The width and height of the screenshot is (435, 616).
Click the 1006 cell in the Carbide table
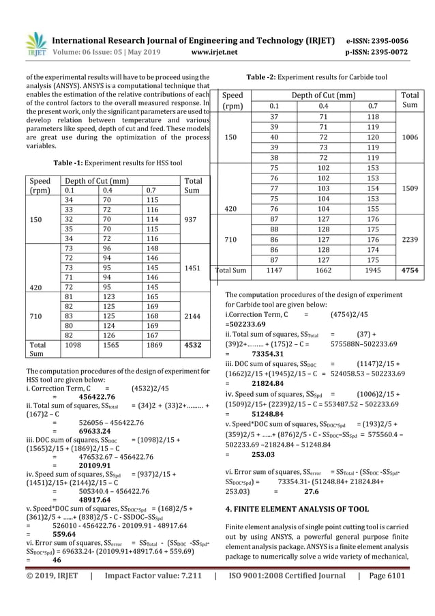[411, 137]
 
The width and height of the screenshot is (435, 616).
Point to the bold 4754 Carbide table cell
[410, 270]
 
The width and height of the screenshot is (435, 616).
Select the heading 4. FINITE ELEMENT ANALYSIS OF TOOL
[297, 509]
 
